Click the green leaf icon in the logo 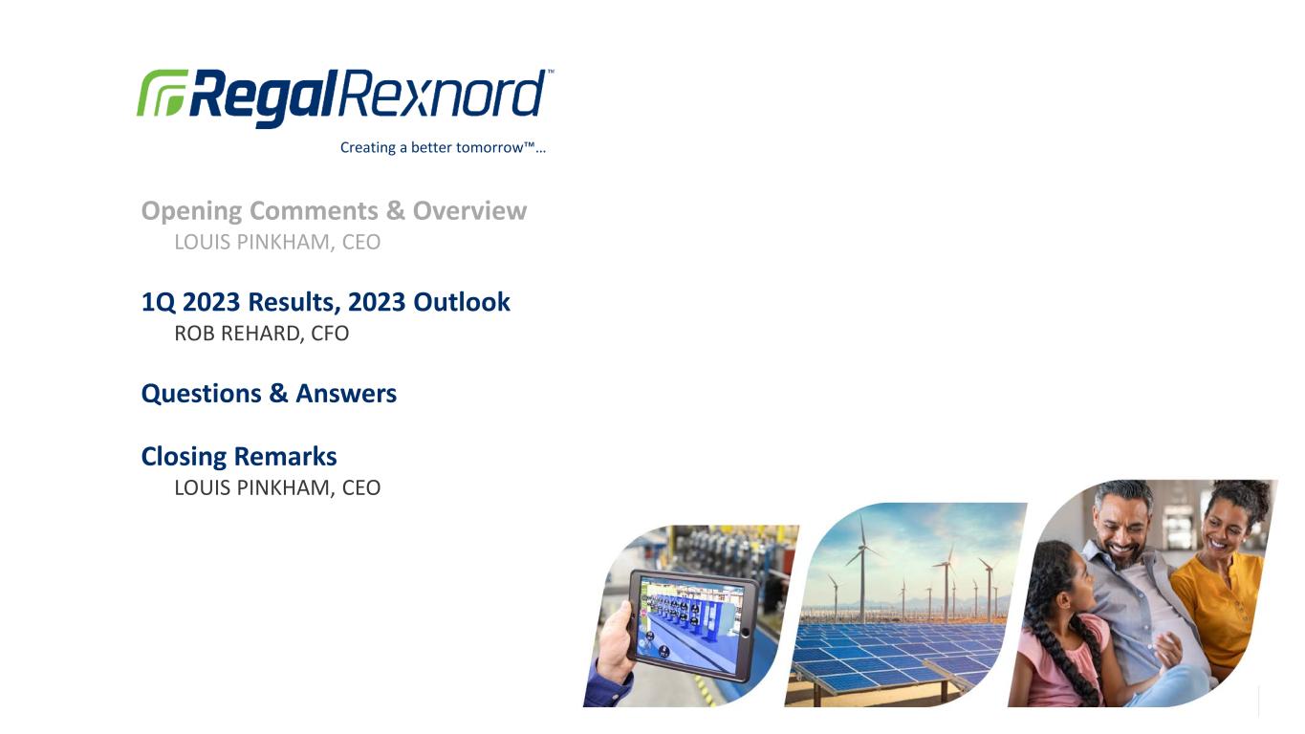tap(162, 93)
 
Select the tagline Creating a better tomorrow tap(443, 147)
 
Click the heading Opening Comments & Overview tap(334, 211)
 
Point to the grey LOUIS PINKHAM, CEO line tap(277, 242)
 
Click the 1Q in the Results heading tap(159, 302)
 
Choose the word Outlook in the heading tap(462, 302)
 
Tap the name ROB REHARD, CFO tap(262, 334)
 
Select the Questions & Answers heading tap(269, 393)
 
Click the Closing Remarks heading tap(239, 456)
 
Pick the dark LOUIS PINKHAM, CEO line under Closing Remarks tap(277, 487)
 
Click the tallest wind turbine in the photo tap(862, 568)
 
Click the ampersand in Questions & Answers tap(278, 393)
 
